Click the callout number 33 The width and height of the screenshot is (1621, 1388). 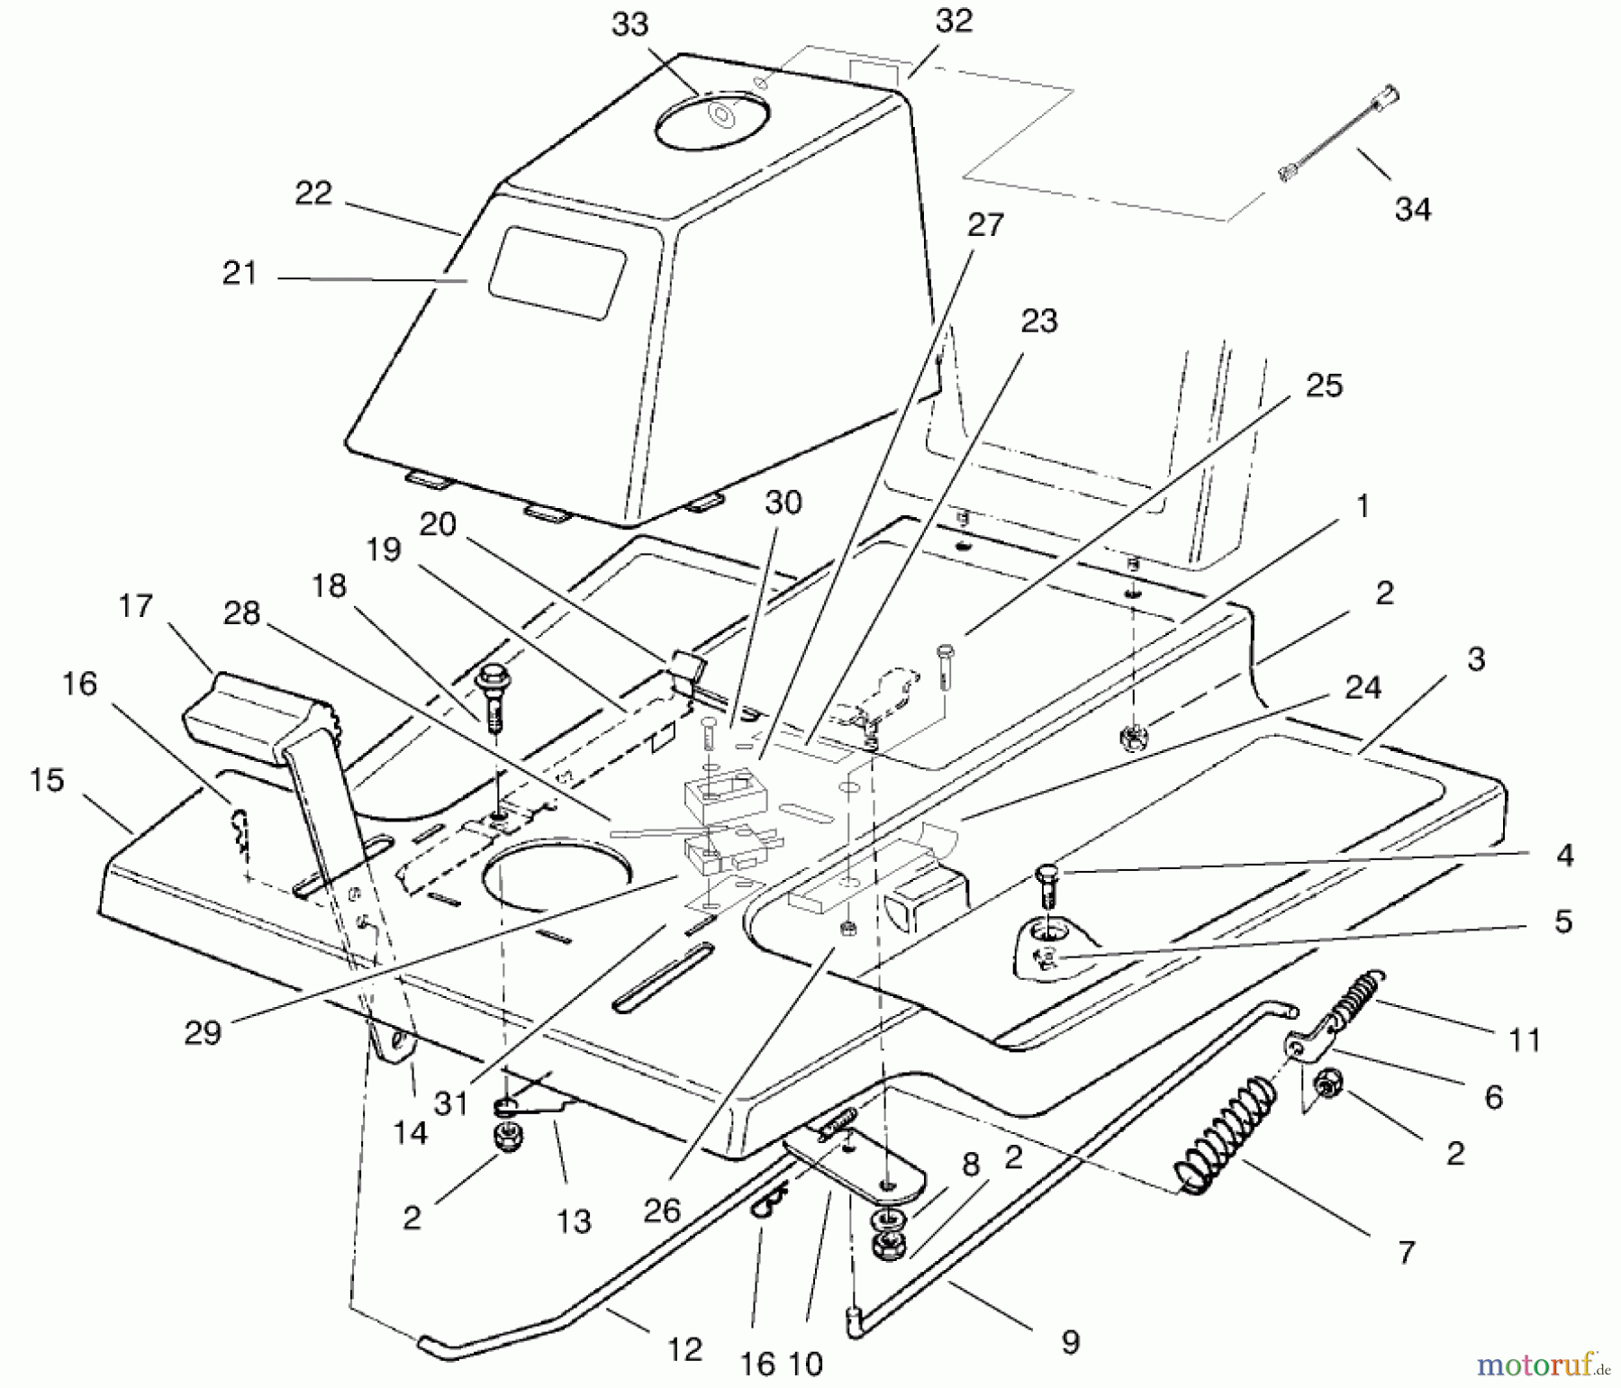[x=629, y=24]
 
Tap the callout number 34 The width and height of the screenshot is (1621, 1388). [x=1412, y=209]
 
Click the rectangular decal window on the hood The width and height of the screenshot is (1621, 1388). [x=557, y=272]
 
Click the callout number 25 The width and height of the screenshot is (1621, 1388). [x=1323, y=385]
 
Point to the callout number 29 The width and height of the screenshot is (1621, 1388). [x=203, y=1032]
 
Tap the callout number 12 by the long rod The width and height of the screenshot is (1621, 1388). [x=684, y=1348]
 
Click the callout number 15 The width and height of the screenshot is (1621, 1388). [x=47, y=779]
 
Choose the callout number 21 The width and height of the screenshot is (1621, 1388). [x=240, y=273]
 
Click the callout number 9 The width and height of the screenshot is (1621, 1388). [x=1070, y=1342]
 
